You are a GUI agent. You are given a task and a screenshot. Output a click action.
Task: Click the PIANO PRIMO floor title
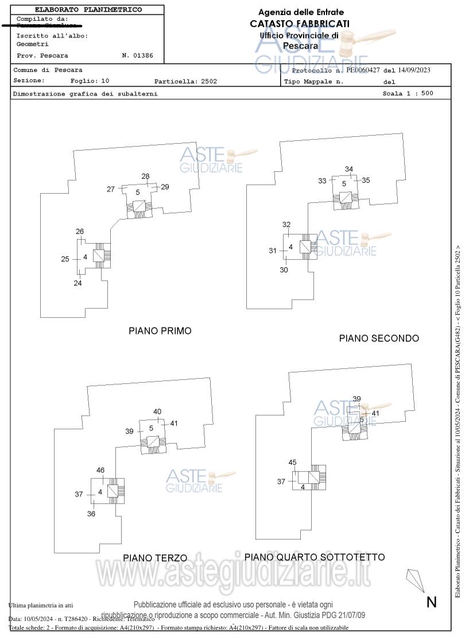(160, 331)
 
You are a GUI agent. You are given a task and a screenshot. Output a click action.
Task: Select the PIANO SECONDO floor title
(379, 338)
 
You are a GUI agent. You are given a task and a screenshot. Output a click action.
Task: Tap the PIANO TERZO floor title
(155, 558)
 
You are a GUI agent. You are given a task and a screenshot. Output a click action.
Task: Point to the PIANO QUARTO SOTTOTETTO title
(315, 557)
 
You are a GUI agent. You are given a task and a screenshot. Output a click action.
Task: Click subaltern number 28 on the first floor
(145, 177)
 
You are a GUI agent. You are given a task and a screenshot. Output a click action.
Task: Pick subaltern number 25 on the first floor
(65, 259)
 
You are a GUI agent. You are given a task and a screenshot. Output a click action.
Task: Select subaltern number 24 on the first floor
(77, 283)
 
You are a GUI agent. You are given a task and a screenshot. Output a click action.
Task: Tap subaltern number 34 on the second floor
(348, 169)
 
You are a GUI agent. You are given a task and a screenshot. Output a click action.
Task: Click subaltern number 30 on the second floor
(284, 270)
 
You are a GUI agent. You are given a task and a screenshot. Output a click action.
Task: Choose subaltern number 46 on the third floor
(100, 470)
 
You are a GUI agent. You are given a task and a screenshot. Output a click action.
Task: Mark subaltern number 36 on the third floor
(91, 514)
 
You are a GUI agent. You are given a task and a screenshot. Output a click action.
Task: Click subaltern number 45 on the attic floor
(292, 462)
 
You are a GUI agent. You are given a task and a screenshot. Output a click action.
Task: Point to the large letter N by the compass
(432, 602)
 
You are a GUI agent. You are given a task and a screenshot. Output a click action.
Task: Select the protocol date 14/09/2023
(413, 70)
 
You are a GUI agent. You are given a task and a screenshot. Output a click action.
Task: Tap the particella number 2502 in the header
(209, 82)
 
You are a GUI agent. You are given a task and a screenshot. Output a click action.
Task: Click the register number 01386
(141, 56)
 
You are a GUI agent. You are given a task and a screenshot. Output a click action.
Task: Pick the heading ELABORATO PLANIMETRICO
(88, 10)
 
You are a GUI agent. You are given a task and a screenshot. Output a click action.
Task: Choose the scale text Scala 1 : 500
(408, 94)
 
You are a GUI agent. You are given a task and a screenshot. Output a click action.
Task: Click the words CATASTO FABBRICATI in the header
(299, 24)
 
